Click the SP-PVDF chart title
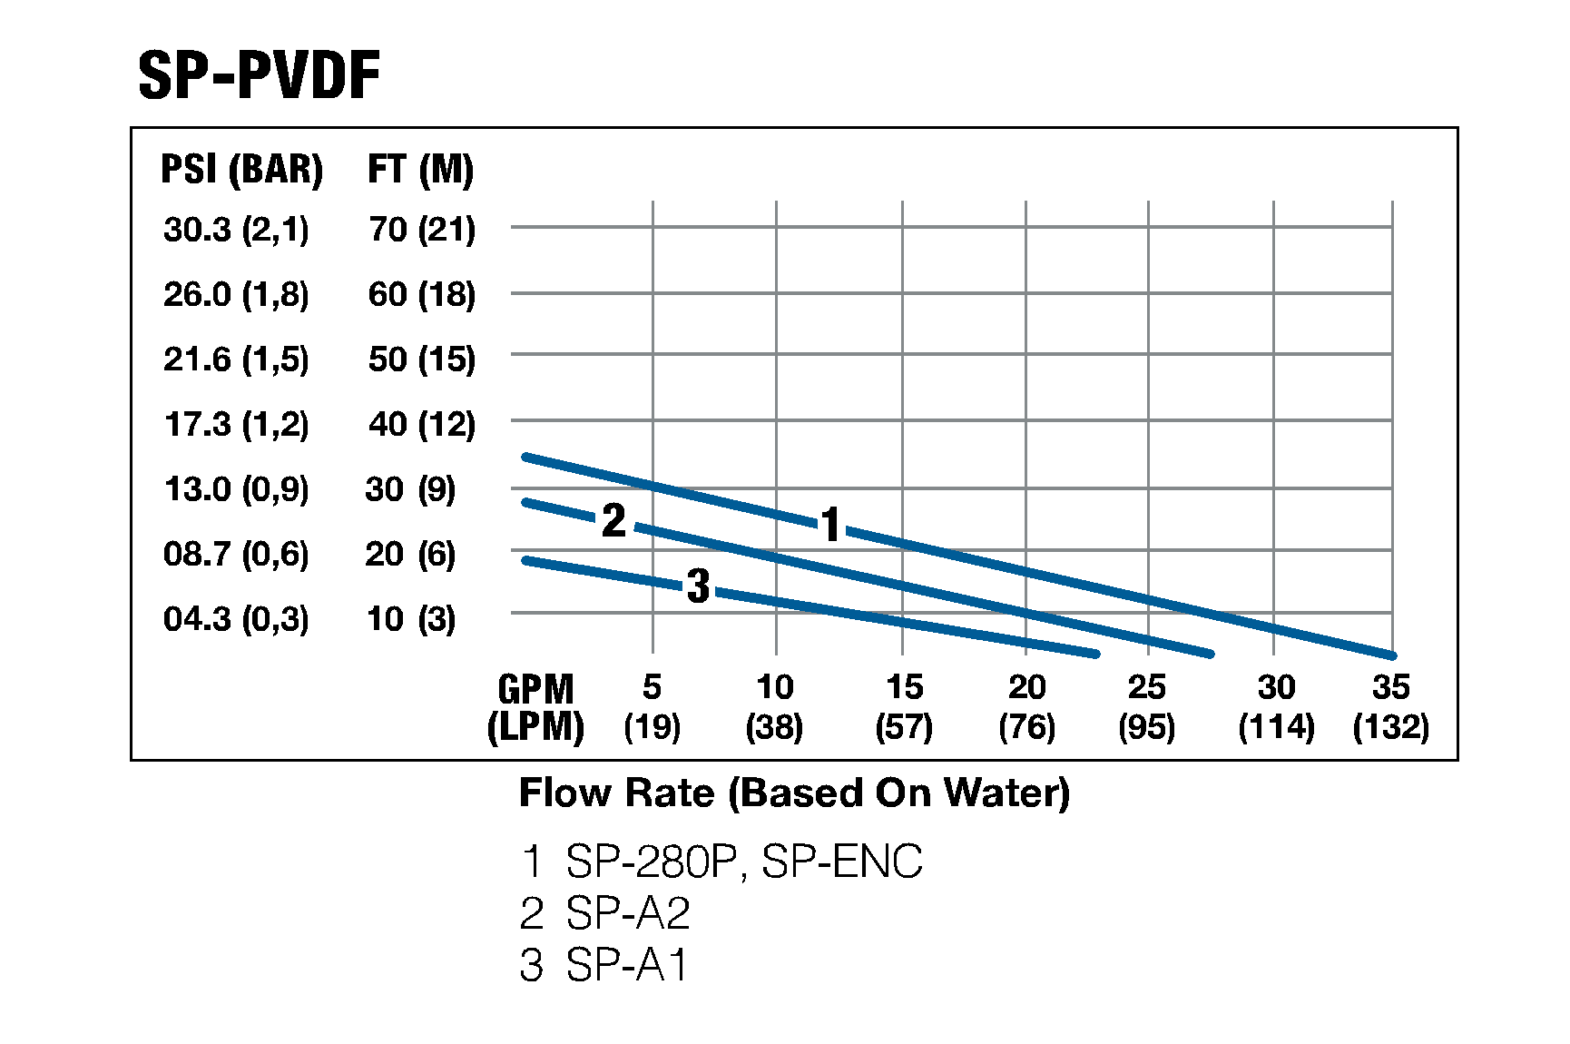259,75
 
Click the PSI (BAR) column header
241,170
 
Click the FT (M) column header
420,170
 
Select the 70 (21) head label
421,230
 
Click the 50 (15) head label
421,359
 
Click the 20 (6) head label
410,554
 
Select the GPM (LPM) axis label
535,708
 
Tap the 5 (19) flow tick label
652,707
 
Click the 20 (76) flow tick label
1026,707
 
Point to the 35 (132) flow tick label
1390,707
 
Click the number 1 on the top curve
830,525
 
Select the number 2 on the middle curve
614,521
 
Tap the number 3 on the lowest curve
698,586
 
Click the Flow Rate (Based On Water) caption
794,793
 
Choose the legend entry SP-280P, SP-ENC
721,862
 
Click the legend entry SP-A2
605,913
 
